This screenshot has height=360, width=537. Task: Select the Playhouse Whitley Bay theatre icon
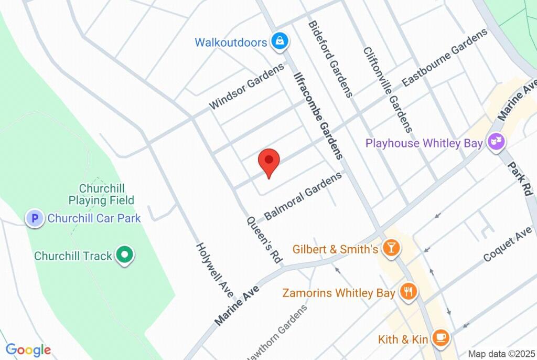pos(495,142)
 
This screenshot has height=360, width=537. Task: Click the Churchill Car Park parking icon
pos(35,218)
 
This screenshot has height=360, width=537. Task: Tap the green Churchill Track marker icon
pos(124,256)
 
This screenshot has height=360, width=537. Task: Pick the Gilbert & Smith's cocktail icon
pos(390,249)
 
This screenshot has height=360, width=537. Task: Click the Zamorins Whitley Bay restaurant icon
pos(408,292)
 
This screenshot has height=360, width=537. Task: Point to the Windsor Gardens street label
pos(246,87)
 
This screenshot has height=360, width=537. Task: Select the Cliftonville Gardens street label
pos(388,89)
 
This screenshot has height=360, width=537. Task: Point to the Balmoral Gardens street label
pos(303,196)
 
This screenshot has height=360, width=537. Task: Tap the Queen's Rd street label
pos(264,239)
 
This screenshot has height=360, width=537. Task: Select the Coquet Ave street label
pos(508,246)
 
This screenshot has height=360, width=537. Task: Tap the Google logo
pos(28,350)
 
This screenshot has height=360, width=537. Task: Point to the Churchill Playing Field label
pos(101,194)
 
